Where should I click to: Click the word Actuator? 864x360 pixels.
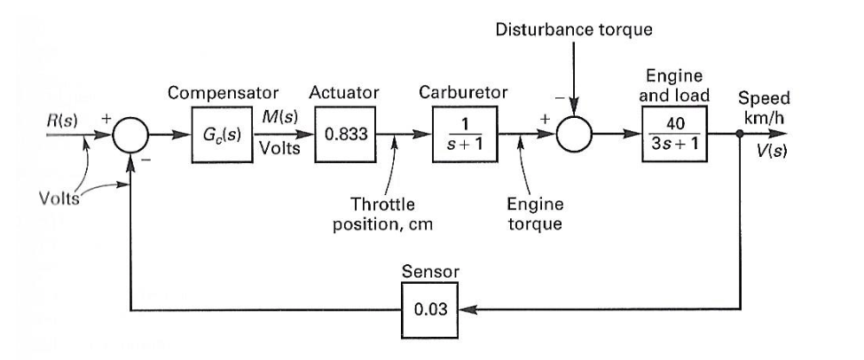(x=344, y=91)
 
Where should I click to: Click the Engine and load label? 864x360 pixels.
(x=677, y=86)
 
